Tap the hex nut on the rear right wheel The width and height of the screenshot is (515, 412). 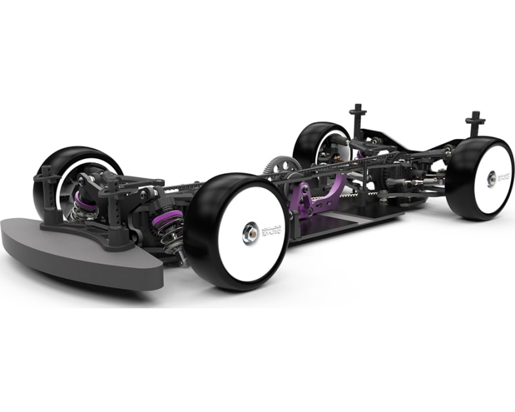coord(491,178)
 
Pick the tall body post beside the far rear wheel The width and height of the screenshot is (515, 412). coord(359,120)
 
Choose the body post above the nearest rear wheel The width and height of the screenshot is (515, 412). coord(474,124)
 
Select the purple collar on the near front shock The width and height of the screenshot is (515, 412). coord(172,221)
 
